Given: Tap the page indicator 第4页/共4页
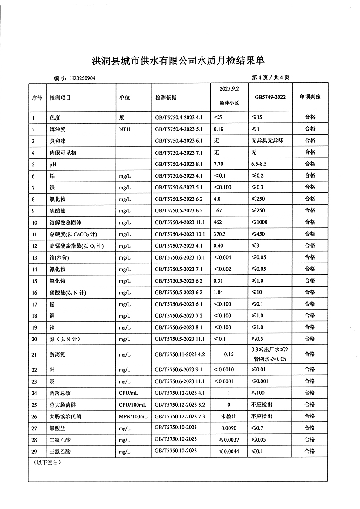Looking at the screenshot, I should coord(270,78).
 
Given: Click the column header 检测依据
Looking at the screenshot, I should coord(166,98).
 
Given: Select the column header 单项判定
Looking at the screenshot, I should coord(310,97).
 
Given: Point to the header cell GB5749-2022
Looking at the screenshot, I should coord(270,97).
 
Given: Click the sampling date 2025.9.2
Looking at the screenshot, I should coord(229,89).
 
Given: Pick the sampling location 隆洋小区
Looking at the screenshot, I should coord(229,103).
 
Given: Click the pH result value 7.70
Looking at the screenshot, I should coord(219,164).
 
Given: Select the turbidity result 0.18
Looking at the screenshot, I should coord(219,129).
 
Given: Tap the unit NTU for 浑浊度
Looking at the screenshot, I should coord(124,129).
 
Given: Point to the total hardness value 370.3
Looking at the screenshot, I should coord(220,234).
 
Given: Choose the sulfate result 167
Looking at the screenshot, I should coord(218,211).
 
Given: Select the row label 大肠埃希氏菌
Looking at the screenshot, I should coord(66,417).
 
